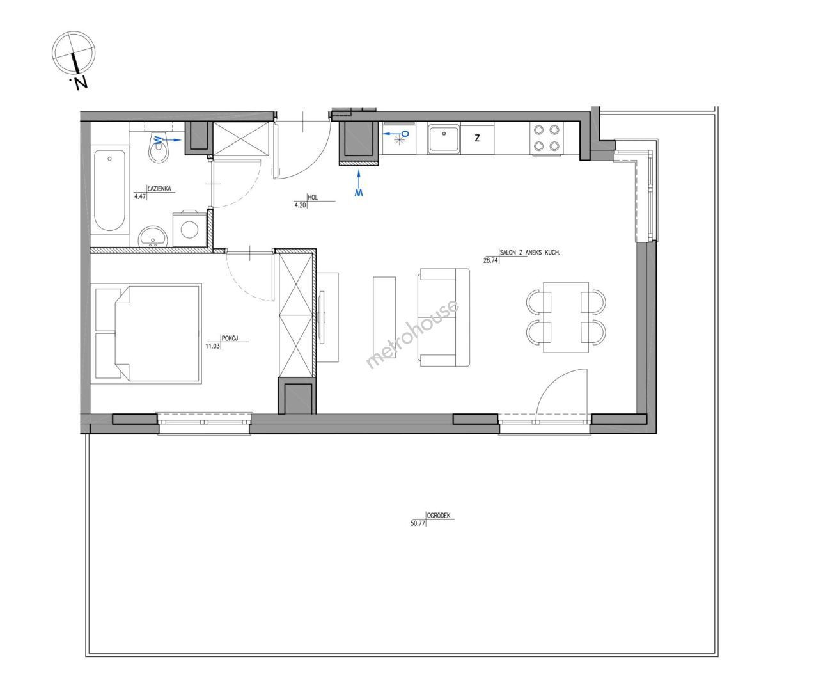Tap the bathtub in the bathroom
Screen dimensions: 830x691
(110, 190)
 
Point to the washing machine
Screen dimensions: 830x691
(189, 230)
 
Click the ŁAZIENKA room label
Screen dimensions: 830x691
(159, 189)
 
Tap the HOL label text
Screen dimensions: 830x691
(313, 197)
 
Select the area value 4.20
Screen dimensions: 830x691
(300, 205)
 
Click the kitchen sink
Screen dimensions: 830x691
(444, 138)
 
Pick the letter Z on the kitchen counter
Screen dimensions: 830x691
(477, 138)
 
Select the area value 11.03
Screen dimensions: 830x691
(212, 345)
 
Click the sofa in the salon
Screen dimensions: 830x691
(444, 317)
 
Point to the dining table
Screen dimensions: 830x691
(566, 317)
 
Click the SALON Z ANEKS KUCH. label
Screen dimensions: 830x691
(530, 252)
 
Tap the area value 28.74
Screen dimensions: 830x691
(490, 261)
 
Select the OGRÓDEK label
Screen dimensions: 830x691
(439, 515)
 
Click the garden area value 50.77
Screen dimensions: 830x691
(418, 523)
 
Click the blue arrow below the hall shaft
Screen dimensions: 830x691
(359, 183)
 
